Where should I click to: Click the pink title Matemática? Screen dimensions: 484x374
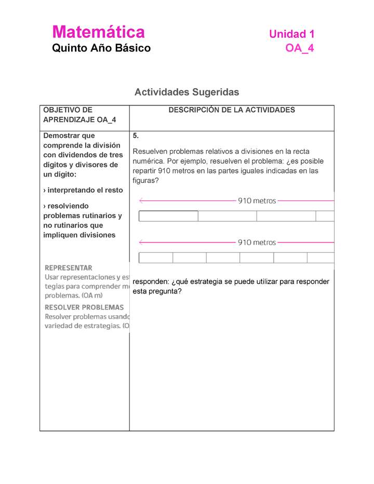pyautogui.click(x=98, y=32)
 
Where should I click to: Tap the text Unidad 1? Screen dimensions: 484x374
pyautogui.click(x=291, y=34)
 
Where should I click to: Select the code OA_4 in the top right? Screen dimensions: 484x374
pyautogui.click(x=300, y=48)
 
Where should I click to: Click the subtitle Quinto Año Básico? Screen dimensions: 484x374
pyautogui.click(x=101, y=48)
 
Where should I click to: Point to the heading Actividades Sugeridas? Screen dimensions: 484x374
pyautogui.click(x=186, y=92)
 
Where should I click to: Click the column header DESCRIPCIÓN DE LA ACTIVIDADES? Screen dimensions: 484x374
pyautogui.click(x=231, y=110)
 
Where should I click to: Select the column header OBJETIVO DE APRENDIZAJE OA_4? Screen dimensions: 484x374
pyautogui.click(x=79, y=115)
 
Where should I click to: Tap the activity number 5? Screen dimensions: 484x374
pyautogui.click(x=136, y=136)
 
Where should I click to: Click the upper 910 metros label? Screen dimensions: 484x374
pyautogui.click(x=257, y=200)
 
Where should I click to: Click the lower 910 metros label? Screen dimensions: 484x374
pyautogui.click(x=257, y=243)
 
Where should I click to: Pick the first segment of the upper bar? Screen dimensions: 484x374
pyautogui.click(x=168, y=216)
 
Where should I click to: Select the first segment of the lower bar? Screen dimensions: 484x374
pyautogui.click(x=156, y=258)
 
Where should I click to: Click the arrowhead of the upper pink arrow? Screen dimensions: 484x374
pyautogui.click(x=141, y=200)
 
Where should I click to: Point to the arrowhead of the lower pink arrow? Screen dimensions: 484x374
pyautogui.click(x=141, y=243)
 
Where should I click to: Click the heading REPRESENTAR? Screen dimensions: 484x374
pyautogui.click(x=69, y=268)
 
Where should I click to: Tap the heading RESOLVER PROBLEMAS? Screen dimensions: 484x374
pyautogui.click(x=84, y=307)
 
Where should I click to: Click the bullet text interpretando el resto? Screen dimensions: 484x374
pyautogui.click(x=83, y=190)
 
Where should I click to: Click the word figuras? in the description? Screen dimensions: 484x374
pyautogui.click(x=145, y=181)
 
